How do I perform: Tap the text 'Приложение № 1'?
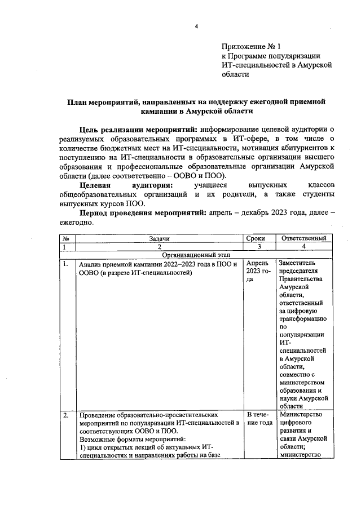[x=251, y=47]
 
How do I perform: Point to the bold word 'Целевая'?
[x=98, y=185]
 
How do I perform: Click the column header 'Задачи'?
[x=160, y=238]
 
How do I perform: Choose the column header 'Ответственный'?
[x=303, y=238]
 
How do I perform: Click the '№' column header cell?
[x=66, y=238]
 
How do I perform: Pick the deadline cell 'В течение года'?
[x=257, y=420]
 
